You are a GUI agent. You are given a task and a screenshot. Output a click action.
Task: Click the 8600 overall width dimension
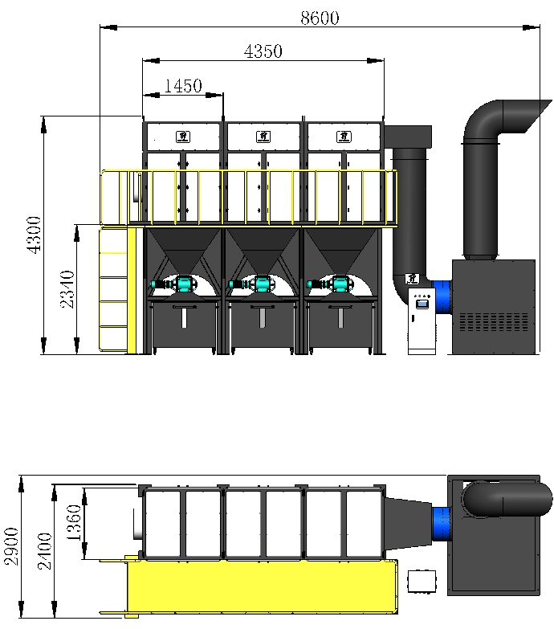coord(320,18)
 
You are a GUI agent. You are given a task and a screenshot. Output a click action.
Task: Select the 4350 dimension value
coord(263,51)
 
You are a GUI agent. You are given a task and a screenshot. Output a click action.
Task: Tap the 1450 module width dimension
coord(182,86)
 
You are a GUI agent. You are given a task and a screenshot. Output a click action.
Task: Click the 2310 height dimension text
coord(68,289)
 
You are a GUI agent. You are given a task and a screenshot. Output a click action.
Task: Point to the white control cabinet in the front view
coord(421,321)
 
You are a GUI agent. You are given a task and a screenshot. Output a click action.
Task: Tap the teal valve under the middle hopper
coord(262,284)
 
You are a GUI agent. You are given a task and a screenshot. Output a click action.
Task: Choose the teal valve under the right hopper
coord(340,284)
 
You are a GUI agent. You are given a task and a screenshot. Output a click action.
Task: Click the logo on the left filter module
coord(181,136)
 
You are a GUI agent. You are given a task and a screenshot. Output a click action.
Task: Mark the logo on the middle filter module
coord(260,136)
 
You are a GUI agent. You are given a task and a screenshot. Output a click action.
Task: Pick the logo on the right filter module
coord(341,136)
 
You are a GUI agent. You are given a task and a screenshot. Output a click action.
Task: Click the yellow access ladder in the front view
coord(113,289)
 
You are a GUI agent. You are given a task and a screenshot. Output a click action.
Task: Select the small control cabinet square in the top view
coord(421,581)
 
